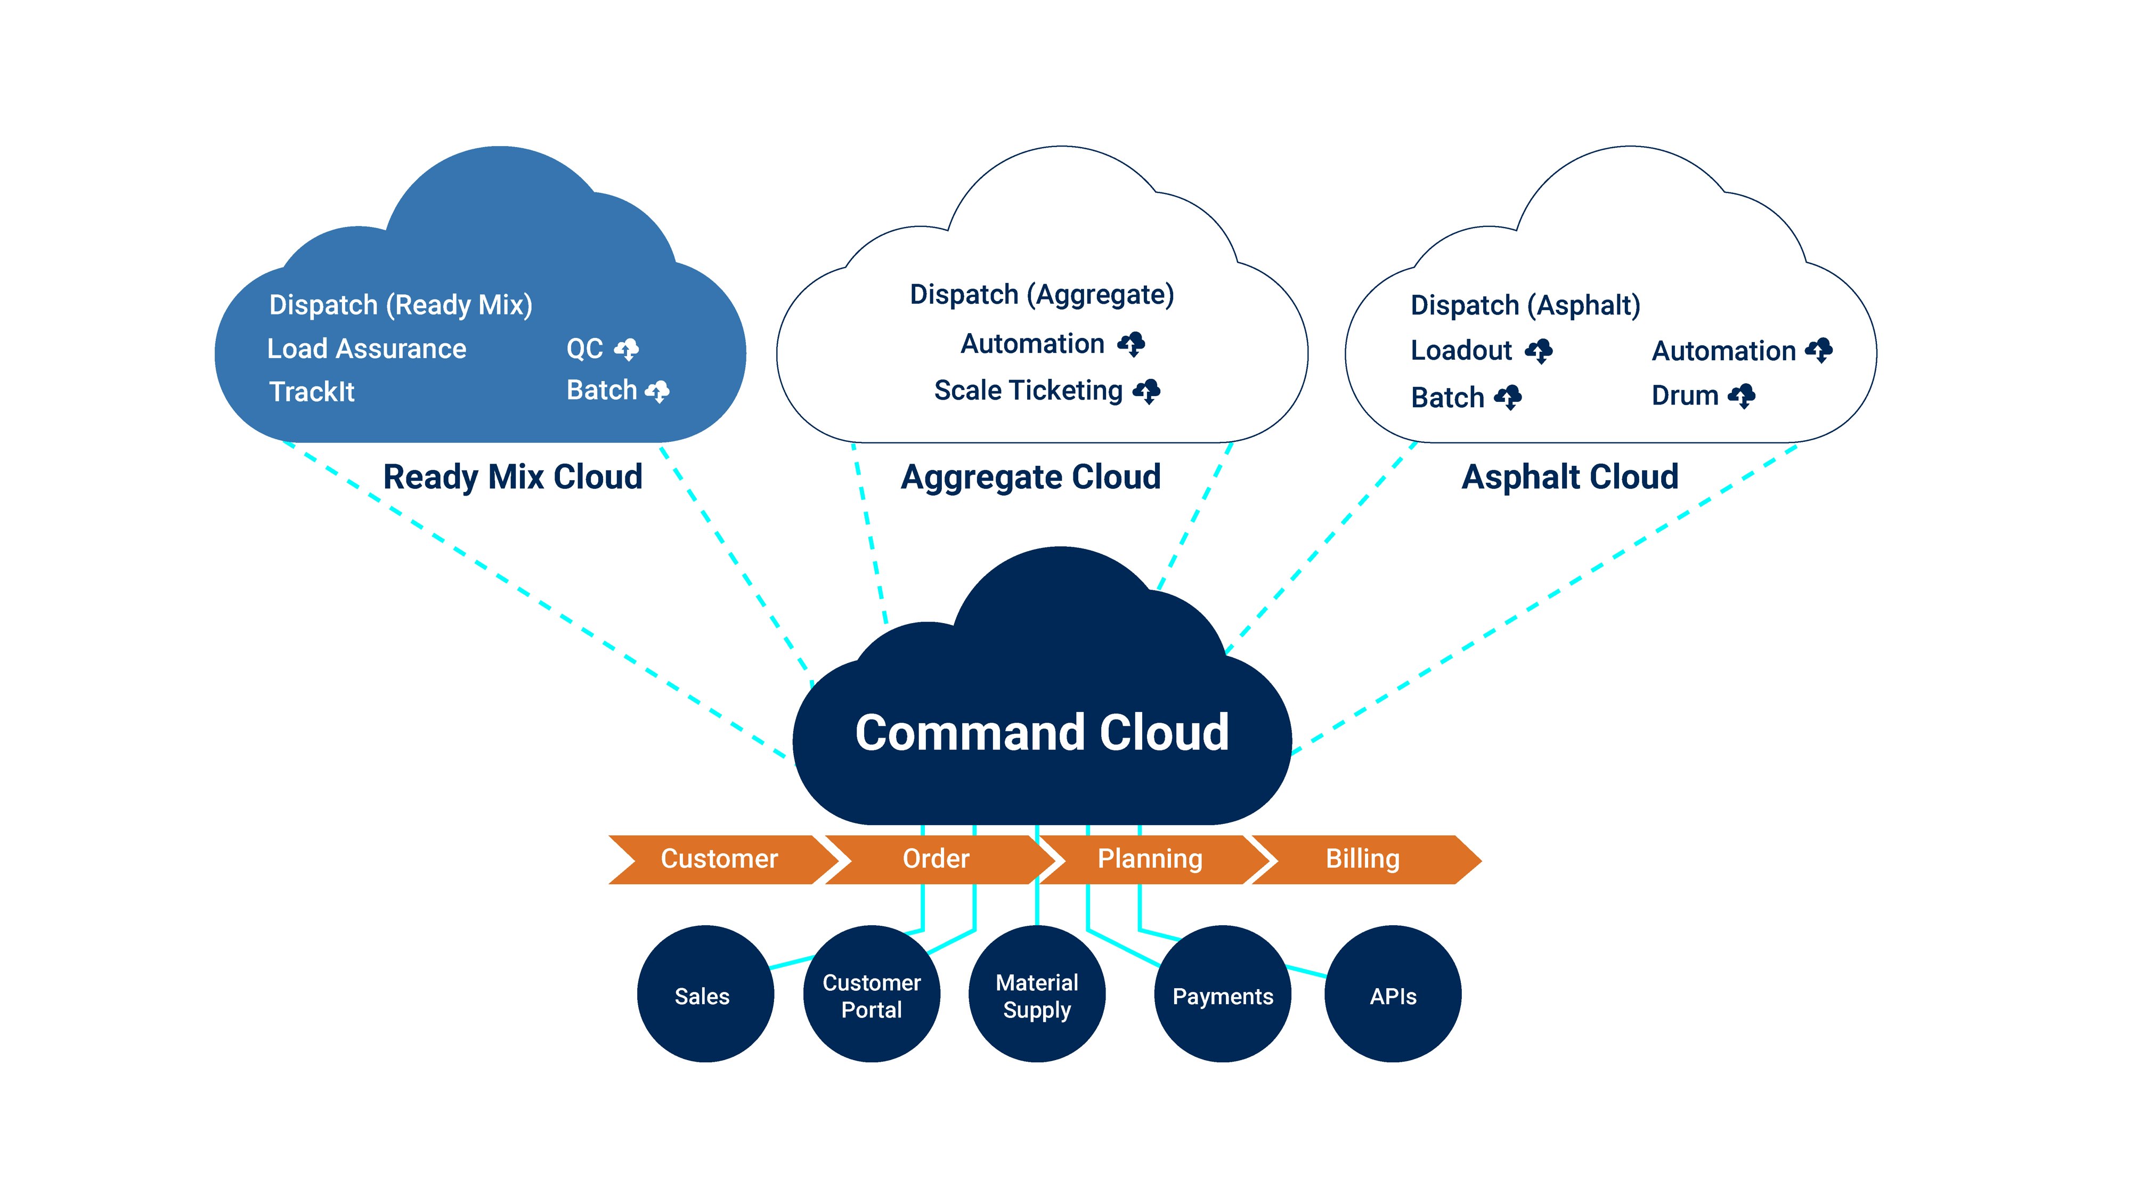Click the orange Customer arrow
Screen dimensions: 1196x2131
tap(718, 859)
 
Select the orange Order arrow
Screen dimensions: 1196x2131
tap(935, 859)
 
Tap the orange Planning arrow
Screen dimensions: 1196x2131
tap(1149, 859)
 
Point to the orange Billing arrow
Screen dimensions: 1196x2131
tap(1362, 859)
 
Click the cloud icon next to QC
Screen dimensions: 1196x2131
tap(626, 349)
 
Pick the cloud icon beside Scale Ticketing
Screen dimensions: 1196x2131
tap(1146, 391)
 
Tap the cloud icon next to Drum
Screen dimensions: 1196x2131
tap(1742, 395)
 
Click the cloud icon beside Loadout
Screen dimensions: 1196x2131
tap(1539, 351)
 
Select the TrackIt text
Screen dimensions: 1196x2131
tap(312, 392)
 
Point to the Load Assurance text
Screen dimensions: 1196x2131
tap(367, 349)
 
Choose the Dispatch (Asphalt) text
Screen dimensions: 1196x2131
tap(1525, 305)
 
